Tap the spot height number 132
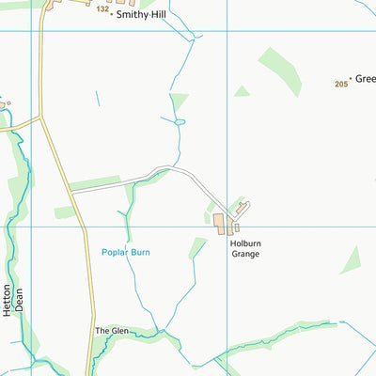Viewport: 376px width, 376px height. (x=102, y=8)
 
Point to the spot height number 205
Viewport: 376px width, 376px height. (x=340, y=85)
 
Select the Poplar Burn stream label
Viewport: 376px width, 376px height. (x=126, y=252)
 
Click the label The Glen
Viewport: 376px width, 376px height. (x=111, y=331)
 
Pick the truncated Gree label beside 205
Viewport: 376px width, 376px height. (x=365, y=79)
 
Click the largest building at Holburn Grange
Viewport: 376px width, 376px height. (x=219, y=223)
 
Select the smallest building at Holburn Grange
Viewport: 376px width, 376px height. (x=237, y=227)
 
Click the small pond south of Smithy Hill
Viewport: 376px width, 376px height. (x=180, y=121)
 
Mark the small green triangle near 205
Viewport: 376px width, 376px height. (x=242, y=91)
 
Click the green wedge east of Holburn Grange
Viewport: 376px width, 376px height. (x=351, y=259)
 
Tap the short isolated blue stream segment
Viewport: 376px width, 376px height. (x=98, y=97)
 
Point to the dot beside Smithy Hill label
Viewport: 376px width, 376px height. (x=110, y=15)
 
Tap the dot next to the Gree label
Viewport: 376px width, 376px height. (x=350, y=79)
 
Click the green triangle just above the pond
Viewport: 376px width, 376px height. (x=178, y=102)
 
